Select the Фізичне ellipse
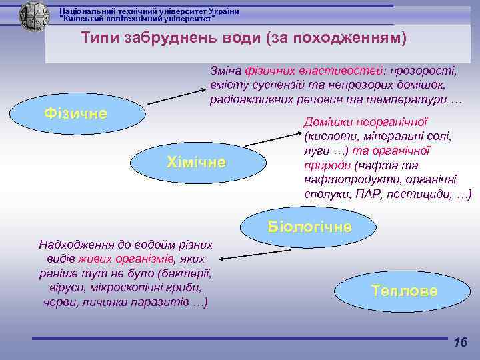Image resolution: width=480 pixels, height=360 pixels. point(75,113)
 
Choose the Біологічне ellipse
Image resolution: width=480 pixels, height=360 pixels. point(309,226)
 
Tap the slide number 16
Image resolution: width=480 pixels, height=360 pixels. point(460,343)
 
